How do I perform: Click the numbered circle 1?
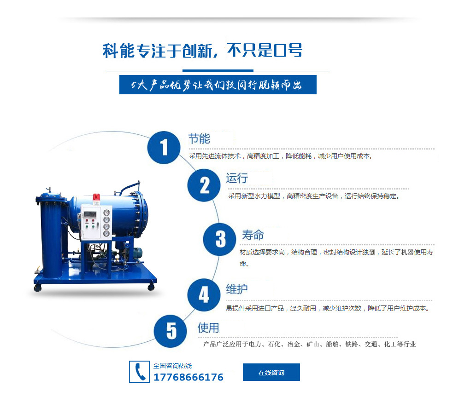coord(164,148)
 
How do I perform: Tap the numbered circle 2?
coord(204,185)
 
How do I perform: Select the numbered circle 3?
coord(219,239)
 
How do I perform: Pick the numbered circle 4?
coord(204,294)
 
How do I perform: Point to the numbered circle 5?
coord(171,331)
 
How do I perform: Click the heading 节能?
coord(199,138)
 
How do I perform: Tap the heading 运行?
coord(237,178)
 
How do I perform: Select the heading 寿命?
coord(253,235)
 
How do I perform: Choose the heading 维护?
coord(237,289)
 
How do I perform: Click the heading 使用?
coord(208,328)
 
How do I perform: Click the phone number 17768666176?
coord(188,377)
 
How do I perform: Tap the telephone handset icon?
coord(139,372)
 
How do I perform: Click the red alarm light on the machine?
coord(96,197)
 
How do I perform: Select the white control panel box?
coord(96,222)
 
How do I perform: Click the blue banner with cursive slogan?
coord(218,85)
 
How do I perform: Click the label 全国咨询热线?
coord(172,366)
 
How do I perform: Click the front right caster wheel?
coord(151,287)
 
